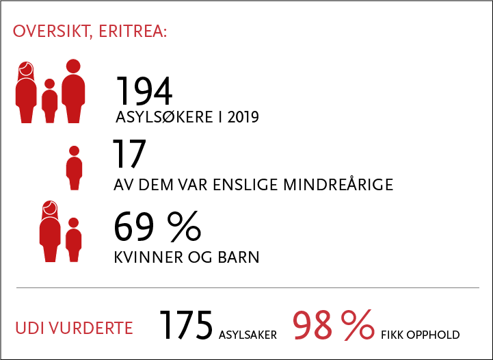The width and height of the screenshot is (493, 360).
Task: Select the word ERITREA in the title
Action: [133, 31]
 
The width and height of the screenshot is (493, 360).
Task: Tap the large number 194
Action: [144, 90]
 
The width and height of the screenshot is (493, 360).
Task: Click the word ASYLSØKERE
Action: [164, 117]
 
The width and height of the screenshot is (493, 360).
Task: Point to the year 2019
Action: [243, 118]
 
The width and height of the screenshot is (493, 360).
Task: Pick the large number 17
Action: [129, 154]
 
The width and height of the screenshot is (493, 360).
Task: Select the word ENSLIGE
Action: [245, 185]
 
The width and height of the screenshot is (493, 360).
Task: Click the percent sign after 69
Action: [184, 227]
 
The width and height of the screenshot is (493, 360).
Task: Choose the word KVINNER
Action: [148, 257]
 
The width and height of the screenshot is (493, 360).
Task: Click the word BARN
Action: [239, 257]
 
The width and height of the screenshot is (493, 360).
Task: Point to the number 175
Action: [186, 325]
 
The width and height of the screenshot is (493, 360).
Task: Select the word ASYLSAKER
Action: [248, 335]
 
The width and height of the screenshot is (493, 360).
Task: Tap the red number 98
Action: [312, 325]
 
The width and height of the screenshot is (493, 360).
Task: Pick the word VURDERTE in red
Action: [91, 328]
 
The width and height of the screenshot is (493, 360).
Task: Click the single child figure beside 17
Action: [75, 168]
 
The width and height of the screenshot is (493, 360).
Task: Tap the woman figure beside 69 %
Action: [50, 231]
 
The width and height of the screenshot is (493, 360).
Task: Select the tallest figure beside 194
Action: [73, 91]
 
